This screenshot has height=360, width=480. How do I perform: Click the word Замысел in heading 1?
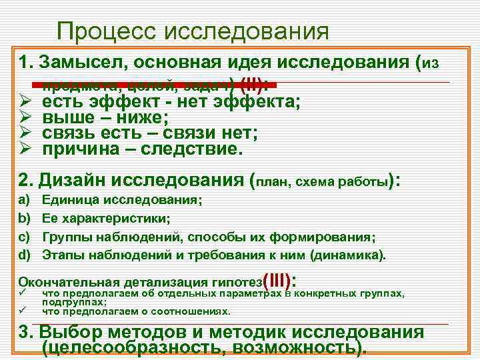(x=83, y=63)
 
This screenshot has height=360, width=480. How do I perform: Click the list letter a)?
(x=25, y=199)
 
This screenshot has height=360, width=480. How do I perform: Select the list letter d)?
(x=25, y=255)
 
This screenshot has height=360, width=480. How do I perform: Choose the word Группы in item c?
(x=62, y=237)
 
